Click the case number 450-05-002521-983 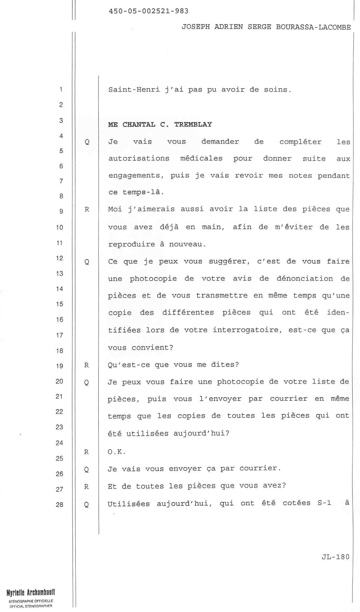(x=149, y=11)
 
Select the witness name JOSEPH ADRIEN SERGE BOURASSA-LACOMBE (x=266, y=27)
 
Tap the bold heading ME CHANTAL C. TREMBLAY (x=160, y=124)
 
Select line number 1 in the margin (x=61, y=89)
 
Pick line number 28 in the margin (x=59, y=504)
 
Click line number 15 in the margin (x=59, y=304)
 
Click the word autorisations (x=139, y=158)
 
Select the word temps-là (x=143, y=192)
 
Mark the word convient (x=152, y=347)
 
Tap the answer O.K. (x=117, y=452)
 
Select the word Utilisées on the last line (x=129, y=504)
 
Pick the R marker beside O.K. (x=86, y=452)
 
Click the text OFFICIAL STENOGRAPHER (x=31, y=606)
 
